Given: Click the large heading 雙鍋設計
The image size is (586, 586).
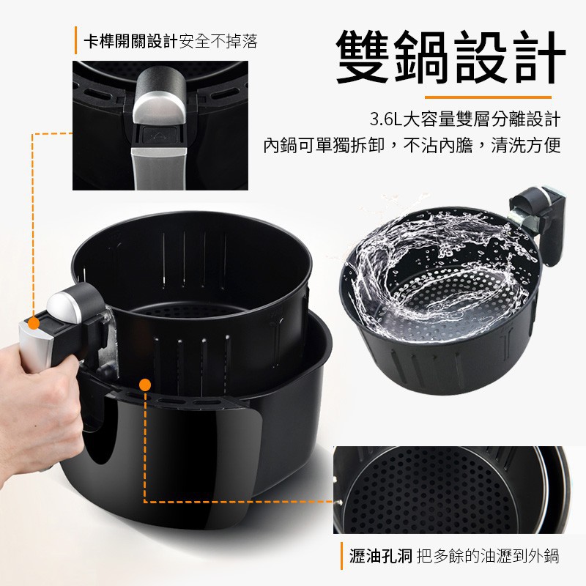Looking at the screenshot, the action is tap(450, 57).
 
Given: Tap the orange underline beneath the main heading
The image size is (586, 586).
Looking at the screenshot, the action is tap(488, 97).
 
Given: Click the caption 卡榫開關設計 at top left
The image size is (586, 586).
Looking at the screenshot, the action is tap(130, 41).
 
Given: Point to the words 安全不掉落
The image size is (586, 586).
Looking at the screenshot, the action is tap(218, 41).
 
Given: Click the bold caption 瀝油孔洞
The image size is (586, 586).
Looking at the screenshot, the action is tap(381, 556).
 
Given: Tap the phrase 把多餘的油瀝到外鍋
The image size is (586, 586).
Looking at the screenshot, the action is tap(488, 556).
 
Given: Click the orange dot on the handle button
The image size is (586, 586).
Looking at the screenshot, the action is tap(34, 323).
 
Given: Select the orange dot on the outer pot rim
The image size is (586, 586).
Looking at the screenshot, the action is tap(144, 385).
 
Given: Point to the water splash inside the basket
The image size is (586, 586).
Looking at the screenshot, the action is tap(434, 272).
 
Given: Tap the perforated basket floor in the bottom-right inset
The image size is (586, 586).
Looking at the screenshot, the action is tap(430, 492).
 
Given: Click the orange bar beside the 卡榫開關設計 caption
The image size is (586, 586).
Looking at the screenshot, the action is tap(76, 40).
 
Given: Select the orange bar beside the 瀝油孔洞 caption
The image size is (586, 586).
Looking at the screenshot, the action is tap(341, 556).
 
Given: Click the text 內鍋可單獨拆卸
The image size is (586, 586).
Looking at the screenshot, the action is tap(324, 146).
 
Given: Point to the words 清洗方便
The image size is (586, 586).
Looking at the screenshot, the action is tap(526, 146).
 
